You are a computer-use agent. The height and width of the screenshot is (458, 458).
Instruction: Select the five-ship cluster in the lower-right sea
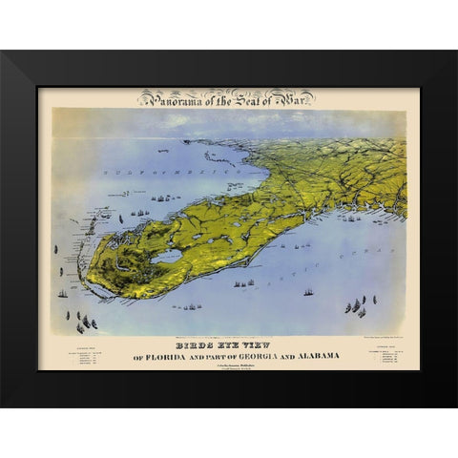click(355, 307)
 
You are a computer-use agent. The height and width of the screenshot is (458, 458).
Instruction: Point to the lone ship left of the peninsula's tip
click(63, 293)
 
